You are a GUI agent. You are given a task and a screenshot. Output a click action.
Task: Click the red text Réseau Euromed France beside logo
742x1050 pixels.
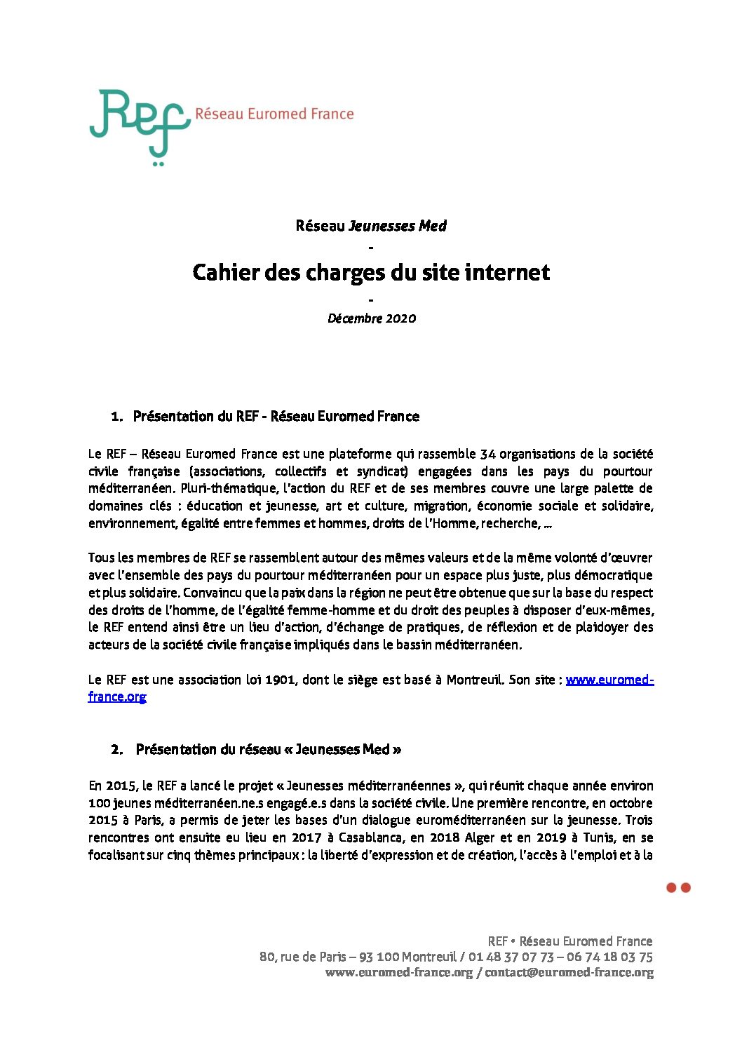tap(274, 114)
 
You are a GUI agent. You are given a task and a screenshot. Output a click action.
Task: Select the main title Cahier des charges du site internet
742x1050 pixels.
tap(371, 272)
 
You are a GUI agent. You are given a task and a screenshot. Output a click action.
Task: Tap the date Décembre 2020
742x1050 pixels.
tap(371, 318)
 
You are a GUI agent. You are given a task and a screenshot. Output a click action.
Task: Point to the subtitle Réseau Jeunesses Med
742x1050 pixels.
tap(371, 226)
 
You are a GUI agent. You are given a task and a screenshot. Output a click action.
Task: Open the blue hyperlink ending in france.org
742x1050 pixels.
tap(117, 696)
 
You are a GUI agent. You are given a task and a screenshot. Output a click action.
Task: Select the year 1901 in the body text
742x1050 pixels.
tap(280, 680)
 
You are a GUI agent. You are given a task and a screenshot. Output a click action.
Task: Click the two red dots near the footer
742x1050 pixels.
tap(678, 888)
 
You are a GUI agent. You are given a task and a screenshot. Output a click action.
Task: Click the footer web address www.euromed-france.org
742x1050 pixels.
tap(398, 973)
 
